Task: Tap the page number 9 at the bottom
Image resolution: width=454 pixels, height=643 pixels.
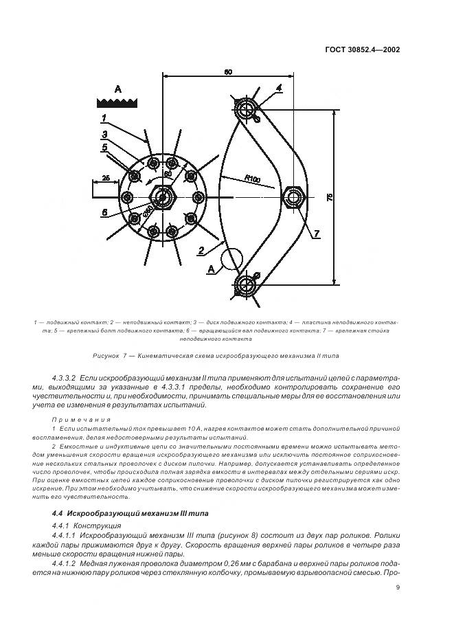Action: click(398, 587)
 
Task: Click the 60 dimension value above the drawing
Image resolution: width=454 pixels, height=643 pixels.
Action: click(227, 71)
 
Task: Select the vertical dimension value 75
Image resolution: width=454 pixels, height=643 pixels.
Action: click(329, 197)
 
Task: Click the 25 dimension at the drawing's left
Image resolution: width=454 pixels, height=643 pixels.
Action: click(105, 178)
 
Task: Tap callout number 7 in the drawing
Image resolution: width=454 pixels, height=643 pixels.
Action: click(316, 234)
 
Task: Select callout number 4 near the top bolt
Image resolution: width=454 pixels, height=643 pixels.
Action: click(279, 88)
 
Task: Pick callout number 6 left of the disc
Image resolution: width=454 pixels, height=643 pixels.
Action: click(105, 213)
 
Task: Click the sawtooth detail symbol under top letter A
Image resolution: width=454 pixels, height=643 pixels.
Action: click(117, 102)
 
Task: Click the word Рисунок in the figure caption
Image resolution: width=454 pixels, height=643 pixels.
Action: click(107, 356)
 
